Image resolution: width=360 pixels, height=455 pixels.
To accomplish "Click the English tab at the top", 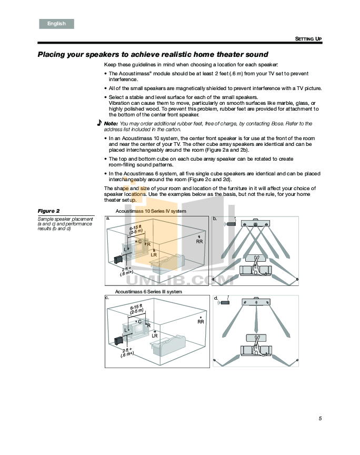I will tap(56, 24).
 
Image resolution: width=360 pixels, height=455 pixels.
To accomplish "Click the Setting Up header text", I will tap(308, 39).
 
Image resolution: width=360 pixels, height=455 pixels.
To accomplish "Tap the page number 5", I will tap(319, 419).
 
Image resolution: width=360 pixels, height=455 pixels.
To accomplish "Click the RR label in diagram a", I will tap(199, 241).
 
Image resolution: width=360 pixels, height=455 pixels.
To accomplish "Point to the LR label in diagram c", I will tap(155, 335).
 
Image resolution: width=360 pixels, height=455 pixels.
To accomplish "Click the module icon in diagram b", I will tap(231, 223).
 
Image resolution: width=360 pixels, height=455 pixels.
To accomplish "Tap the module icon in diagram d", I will tap(226, 303).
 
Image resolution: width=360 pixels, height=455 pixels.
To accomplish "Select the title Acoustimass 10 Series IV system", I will tap(151, 211).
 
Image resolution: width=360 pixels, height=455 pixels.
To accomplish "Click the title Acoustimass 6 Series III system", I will tap(148, 291).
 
